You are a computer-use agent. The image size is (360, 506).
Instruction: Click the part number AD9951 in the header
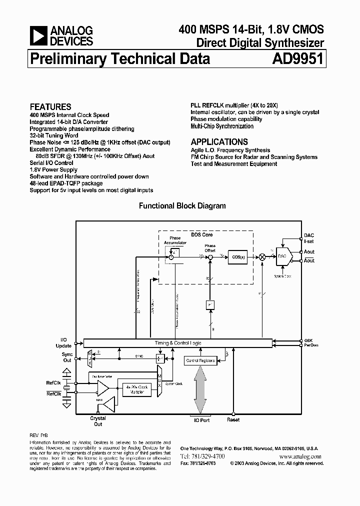coord(298,59)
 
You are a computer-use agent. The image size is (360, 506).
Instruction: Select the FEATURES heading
coord(50,106)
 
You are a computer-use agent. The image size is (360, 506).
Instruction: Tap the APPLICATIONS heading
coord(219,141)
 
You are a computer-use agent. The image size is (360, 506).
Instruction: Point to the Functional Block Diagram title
coord(182,206)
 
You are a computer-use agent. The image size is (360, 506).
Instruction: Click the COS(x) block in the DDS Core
coord(237,256)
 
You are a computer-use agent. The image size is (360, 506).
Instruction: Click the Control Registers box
coord(200,360)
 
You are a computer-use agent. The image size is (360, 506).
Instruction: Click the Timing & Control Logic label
coord(178,343)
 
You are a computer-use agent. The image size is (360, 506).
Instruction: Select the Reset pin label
coord(233,420)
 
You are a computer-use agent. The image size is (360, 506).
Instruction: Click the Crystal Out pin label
coord(98,421)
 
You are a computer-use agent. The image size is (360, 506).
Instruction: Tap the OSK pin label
coord(309,340)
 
